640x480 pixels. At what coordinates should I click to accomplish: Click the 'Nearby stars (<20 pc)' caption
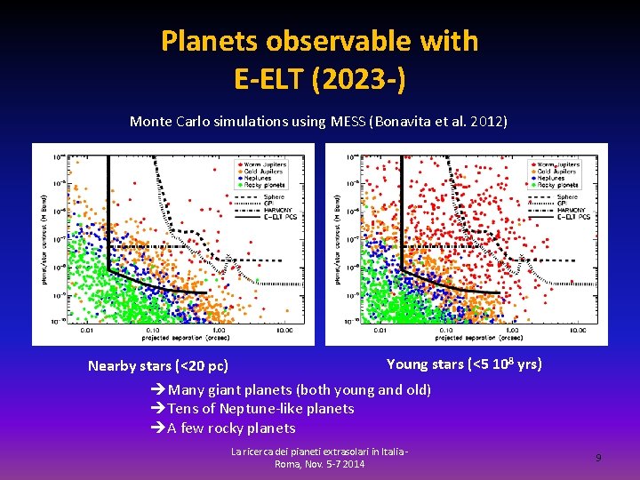click(157, 365)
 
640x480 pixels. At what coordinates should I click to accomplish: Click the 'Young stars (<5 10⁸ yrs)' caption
click(463, 364)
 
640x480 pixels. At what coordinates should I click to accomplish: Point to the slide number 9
click(598, 457)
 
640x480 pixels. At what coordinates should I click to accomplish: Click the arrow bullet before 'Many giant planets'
click(158, 389)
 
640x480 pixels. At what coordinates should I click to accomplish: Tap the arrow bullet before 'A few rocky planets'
click(158, 428)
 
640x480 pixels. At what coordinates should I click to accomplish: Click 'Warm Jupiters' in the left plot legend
click(265, 164)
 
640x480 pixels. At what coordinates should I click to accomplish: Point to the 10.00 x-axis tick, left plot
click(284, 330)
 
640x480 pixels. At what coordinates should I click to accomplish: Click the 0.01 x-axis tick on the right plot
click(380, 330)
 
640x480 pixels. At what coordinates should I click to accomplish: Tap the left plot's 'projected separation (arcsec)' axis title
click(182, 338)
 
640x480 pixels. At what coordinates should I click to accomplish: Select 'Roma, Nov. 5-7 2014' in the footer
click(319, 464)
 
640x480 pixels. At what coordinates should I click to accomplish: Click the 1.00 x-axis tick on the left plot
click(217, 330)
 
